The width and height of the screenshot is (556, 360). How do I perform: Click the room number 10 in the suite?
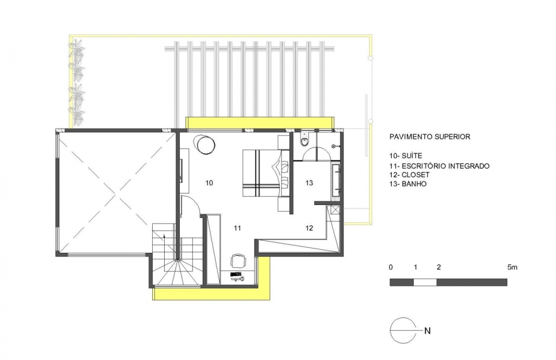pyautogui.click(x=209, y=183)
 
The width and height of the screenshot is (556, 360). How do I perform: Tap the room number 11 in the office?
pyautogui.click(x=237, y=228)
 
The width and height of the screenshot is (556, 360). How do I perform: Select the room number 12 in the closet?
pyautogui.click(x=309, y=228)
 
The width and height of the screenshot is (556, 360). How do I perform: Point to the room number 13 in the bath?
pyautogui.click(x=309, y=183)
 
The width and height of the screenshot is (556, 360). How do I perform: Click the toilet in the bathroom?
pyautogui.click(x=304, y=140)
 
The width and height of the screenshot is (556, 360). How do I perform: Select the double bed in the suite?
pyautogui.click(x=266, y=173)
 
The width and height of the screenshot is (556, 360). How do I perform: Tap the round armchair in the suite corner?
pyautogui.click(x=204, y=144)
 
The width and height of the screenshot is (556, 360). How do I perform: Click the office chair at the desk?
pyautogui.click(x=238, y=260)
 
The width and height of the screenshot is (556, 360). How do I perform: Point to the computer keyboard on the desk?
pyautogui.click(x=236, y=274)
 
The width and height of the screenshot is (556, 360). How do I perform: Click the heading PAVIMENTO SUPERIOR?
pyautogui.click(x=430, y=136)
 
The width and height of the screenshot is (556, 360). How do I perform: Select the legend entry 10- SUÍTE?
pyautogui.click(x=405, y=156)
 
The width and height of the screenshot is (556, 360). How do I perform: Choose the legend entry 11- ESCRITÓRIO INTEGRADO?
pyautogui.click(x=439, y=166)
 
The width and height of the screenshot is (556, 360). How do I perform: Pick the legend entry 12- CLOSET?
pyautogui.click(x=409, y=175)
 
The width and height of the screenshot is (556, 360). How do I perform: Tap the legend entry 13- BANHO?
pyautogui.click(x=408, y=184)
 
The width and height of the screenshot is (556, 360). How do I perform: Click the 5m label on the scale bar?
pyautogui.click(x=512, y=268)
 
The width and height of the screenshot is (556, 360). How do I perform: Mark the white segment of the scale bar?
pyautogui.click(x=425, y=282)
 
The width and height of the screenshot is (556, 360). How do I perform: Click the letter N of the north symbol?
pyautogui.click(x=427, y=331)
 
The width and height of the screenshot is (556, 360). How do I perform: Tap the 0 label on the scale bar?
pyautogui.click(x=391, y=268)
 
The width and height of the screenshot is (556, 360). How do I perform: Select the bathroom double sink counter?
pyautogui.click(x=336, y=180)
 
